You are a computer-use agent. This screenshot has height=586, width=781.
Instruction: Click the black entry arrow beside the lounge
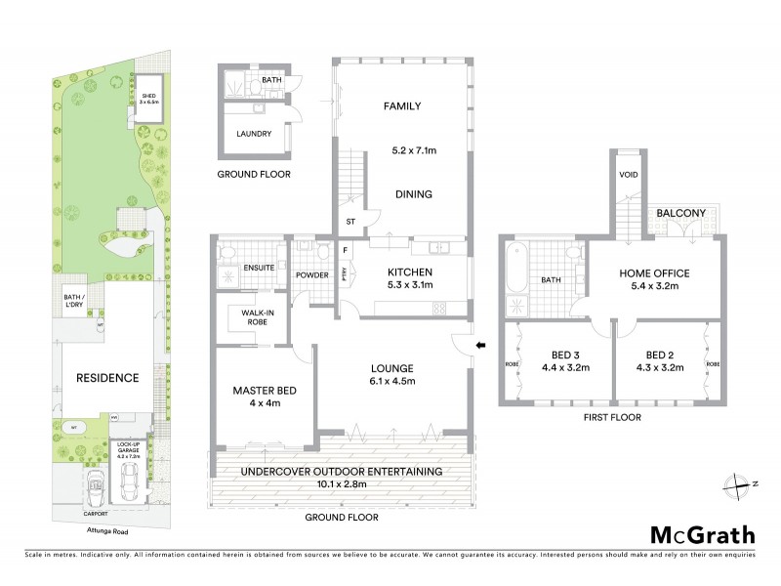tap(479, 345)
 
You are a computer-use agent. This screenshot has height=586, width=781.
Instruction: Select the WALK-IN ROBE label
tap(252, 317)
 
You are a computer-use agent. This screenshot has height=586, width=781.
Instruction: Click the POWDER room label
tap(312, 275)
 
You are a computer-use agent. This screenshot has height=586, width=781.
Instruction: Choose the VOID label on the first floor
tap(628, 176)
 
